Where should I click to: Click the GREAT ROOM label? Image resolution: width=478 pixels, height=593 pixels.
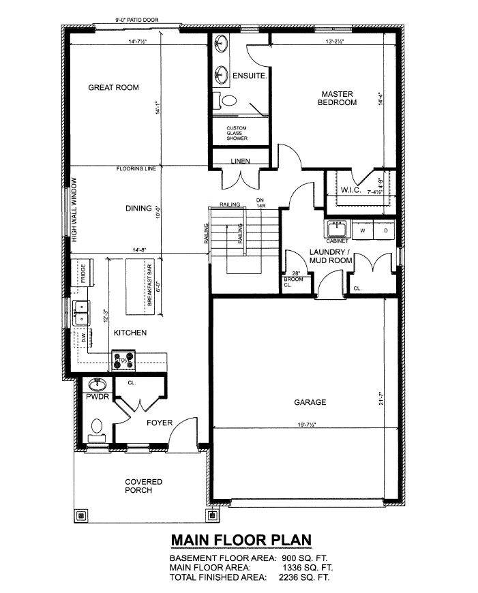pos(113,87)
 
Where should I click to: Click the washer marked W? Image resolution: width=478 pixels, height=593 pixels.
pos(363,230)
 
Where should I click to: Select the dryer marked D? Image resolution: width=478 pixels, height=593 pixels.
pos(385,230)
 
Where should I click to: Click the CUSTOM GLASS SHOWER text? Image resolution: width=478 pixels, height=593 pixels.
pos(237,133)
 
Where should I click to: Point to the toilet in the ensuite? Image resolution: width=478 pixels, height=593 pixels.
pos(227,102)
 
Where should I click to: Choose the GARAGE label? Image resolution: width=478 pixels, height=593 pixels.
pos(310,402)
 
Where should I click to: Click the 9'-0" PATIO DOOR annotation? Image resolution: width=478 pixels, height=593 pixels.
pos(136,20)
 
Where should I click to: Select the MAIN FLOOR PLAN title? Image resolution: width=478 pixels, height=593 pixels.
pos(241,540)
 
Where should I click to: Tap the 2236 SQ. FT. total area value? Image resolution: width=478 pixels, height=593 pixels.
pos(305,577)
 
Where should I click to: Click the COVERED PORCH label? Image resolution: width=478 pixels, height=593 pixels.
pos(138,486)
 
